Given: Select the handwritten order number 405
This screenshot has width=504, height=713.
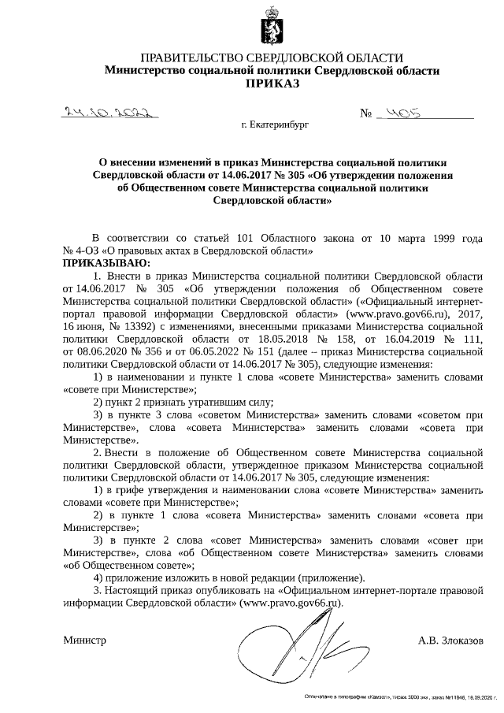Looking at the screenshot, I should (x=399, y=113).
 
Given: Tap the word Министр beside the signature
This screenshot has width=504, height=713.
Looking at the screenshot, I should (x=84, y=641).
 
